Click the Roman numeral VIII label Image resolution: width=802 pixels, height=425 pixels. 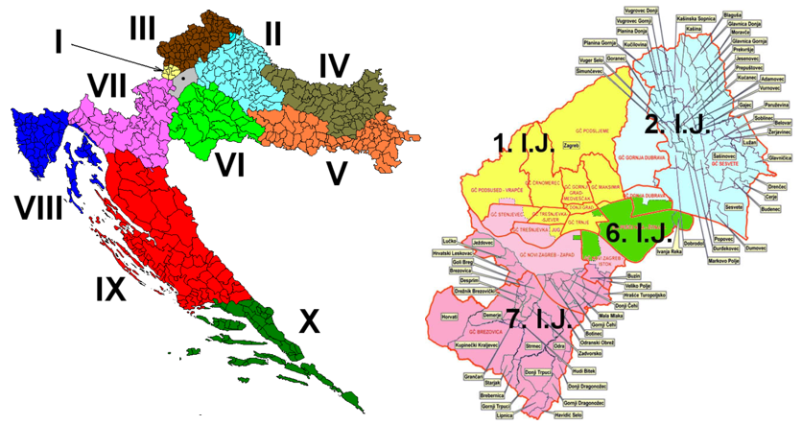point(36,204)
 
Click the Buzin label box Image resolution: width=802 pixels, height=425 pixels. point(605,275)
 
